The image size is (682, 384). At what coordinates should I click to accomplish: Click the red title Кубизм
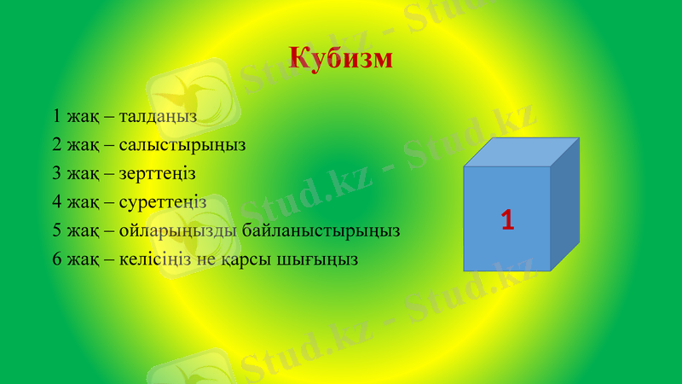coord(341,58)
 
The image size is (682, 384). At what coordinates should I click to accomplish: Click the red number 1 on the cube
coord(507,220)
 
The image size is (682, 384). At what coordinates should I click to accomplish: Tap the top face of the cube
coord(522,152)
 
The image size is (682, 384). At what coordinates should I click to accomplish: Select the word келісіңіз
coord(154,259)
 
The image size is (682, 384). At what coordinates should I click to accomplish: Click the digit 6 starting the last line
coord(56,259)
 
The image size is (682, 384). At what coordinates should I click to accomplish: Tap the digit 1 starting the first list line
coord(56,115)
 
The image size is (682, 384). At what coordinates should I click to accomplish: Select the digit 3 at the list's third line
coord(56,173)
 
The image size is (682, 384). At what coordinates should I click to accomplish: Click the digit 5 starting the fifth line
coord(56,230)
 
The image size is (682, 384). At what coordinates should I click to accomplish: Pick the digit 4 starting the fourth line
coord(56,202)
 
